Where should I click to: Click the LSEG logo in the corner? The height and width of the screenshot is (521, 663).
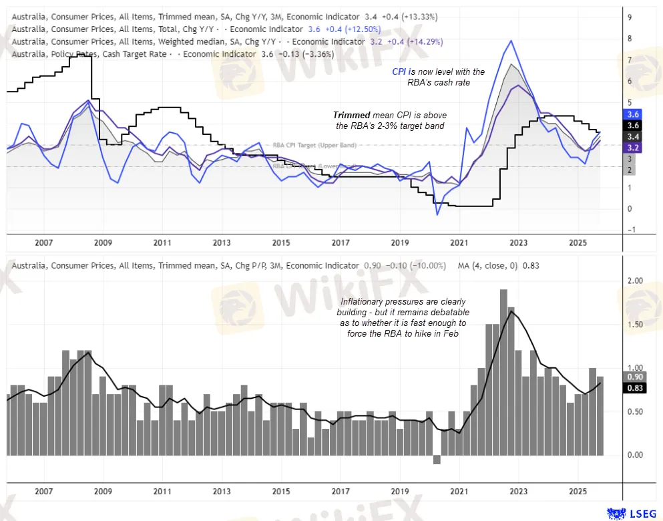632,512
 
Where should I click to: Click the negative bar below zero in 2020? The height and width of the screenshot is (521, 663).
437,460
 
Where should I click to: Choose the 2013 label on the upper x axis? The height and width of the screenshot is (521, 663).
222,243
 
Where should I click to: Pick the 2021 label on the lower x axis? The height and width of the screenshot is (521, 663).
459,492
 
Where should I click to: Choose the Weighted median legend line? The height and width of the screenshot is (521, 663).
134,41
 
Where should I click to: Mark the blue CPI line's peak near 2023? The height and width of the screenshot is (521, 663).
511,41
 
